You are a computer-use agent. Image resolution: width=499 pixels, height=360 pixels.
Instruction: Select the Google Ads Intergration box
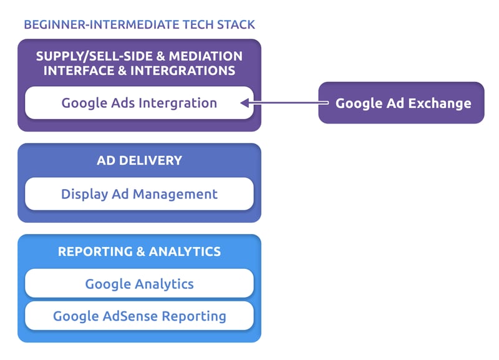[139, 103]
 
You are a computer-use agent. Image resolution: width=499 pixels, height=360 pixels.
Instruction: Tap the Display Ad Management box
[139, 194]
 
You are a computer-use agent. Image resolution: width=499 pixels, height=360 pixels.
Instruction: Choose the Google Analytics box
[139, 284]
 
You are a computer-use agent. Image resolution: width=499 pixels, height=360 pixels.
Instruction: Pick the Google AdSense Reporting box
[139, 316]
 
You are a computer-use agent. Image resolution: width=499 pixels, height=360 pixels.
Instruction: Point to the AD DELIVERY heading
[139, 160]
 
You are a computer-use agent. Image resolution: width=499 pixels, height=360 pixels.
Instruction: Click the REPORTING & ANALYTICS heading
[139, 251]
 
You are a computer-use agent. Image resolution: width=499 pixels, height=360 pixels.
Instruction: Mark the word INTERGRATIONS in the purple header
[182, 71]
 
